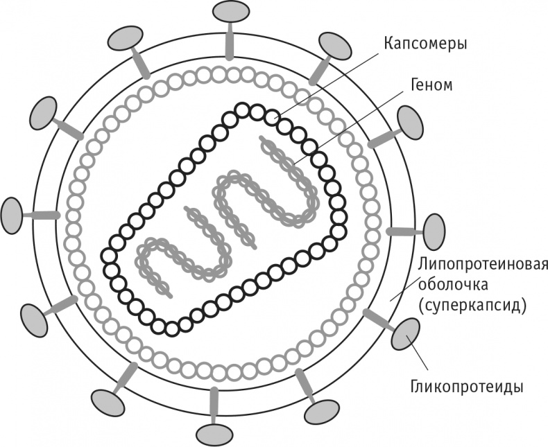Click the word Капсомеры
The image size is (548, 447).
pos(425,44)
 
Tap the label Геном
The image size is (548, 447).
pos(431,85)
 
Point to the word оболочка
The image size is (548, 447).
pos(453,285)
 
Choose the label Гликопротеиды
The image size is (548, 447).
pos(467,387)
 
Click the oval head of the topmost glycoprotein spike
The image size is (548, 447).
pos(231,12)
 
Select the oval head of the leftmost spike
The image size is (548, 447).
pos(12,216)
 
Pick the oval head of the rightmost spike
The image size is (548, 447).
pos(434,232)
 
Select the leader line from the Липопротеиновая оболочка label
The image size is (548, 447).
pos(404,287)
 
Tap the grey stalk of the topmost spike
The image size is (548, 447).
pos(230,41)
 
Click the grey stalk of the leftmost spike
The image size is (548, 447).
pos(40,216)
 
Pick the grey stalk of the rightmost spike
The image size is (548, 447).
pos(405,231)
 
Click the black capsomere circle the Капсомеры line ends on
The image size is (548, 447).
pos(272,118)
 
